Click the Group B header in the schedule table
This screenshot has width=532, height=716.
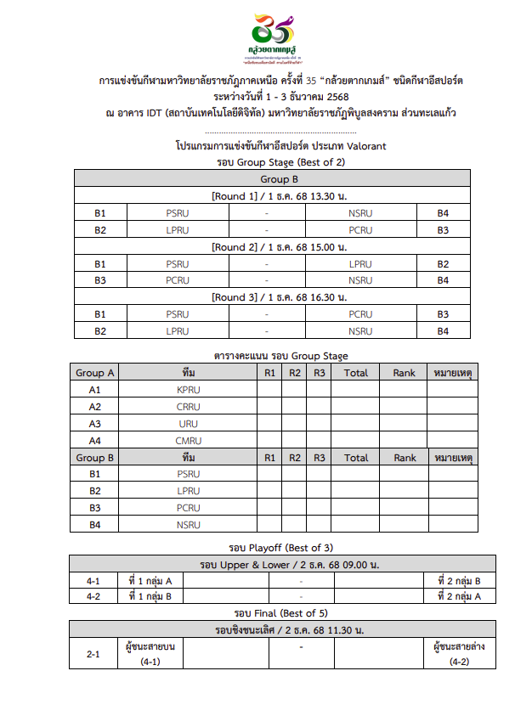pyautogui.click(x=272, y=179)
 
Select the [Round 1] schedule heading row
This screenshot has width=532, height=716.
pyautogui.click(x=272, y=196)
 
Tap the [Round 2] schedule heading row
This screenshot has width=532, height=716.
pyautogui.click(x=272, y=247)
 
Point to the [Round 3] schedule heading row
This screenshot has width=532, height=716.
pyautogui.click(x=272, y=298)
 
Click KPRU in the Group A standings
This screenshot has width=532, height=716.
pyautogui.click(x=189, y=390)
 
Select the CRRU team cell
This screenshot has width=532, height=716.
pyautogui.click(x=189, y=407)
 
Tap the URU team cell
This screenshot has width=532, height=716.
pyautogui.click(x=189, y=424)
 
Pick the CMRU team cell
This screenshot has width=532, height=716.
pyautogui.click(x=189, y=441)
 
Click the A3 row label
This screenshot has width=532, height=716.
pyautogui.click(x=95, y=424)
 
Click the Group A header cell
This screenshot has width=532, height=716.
pyautogui.click(x=95, y=373)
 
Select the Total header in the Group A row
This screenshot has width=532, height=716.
pyautogui.click(x=356, y=373)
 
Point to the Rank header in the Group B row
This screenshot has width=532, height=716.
pyautogui.click(x=405, y=458)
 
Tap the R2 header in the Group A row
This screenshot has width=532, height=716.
pyautogui.click(x=295, y=373)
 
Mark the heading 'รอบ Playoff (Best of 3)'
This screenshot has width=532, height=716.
pyautogui.click(x=280, y=547)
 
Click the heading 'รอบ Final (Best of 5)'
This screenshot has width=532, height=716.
pyautogui.click(x=280, y=613)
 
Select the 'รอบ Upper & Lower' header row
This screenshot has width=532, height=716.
pyautogui.click(x=280, y=565)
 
